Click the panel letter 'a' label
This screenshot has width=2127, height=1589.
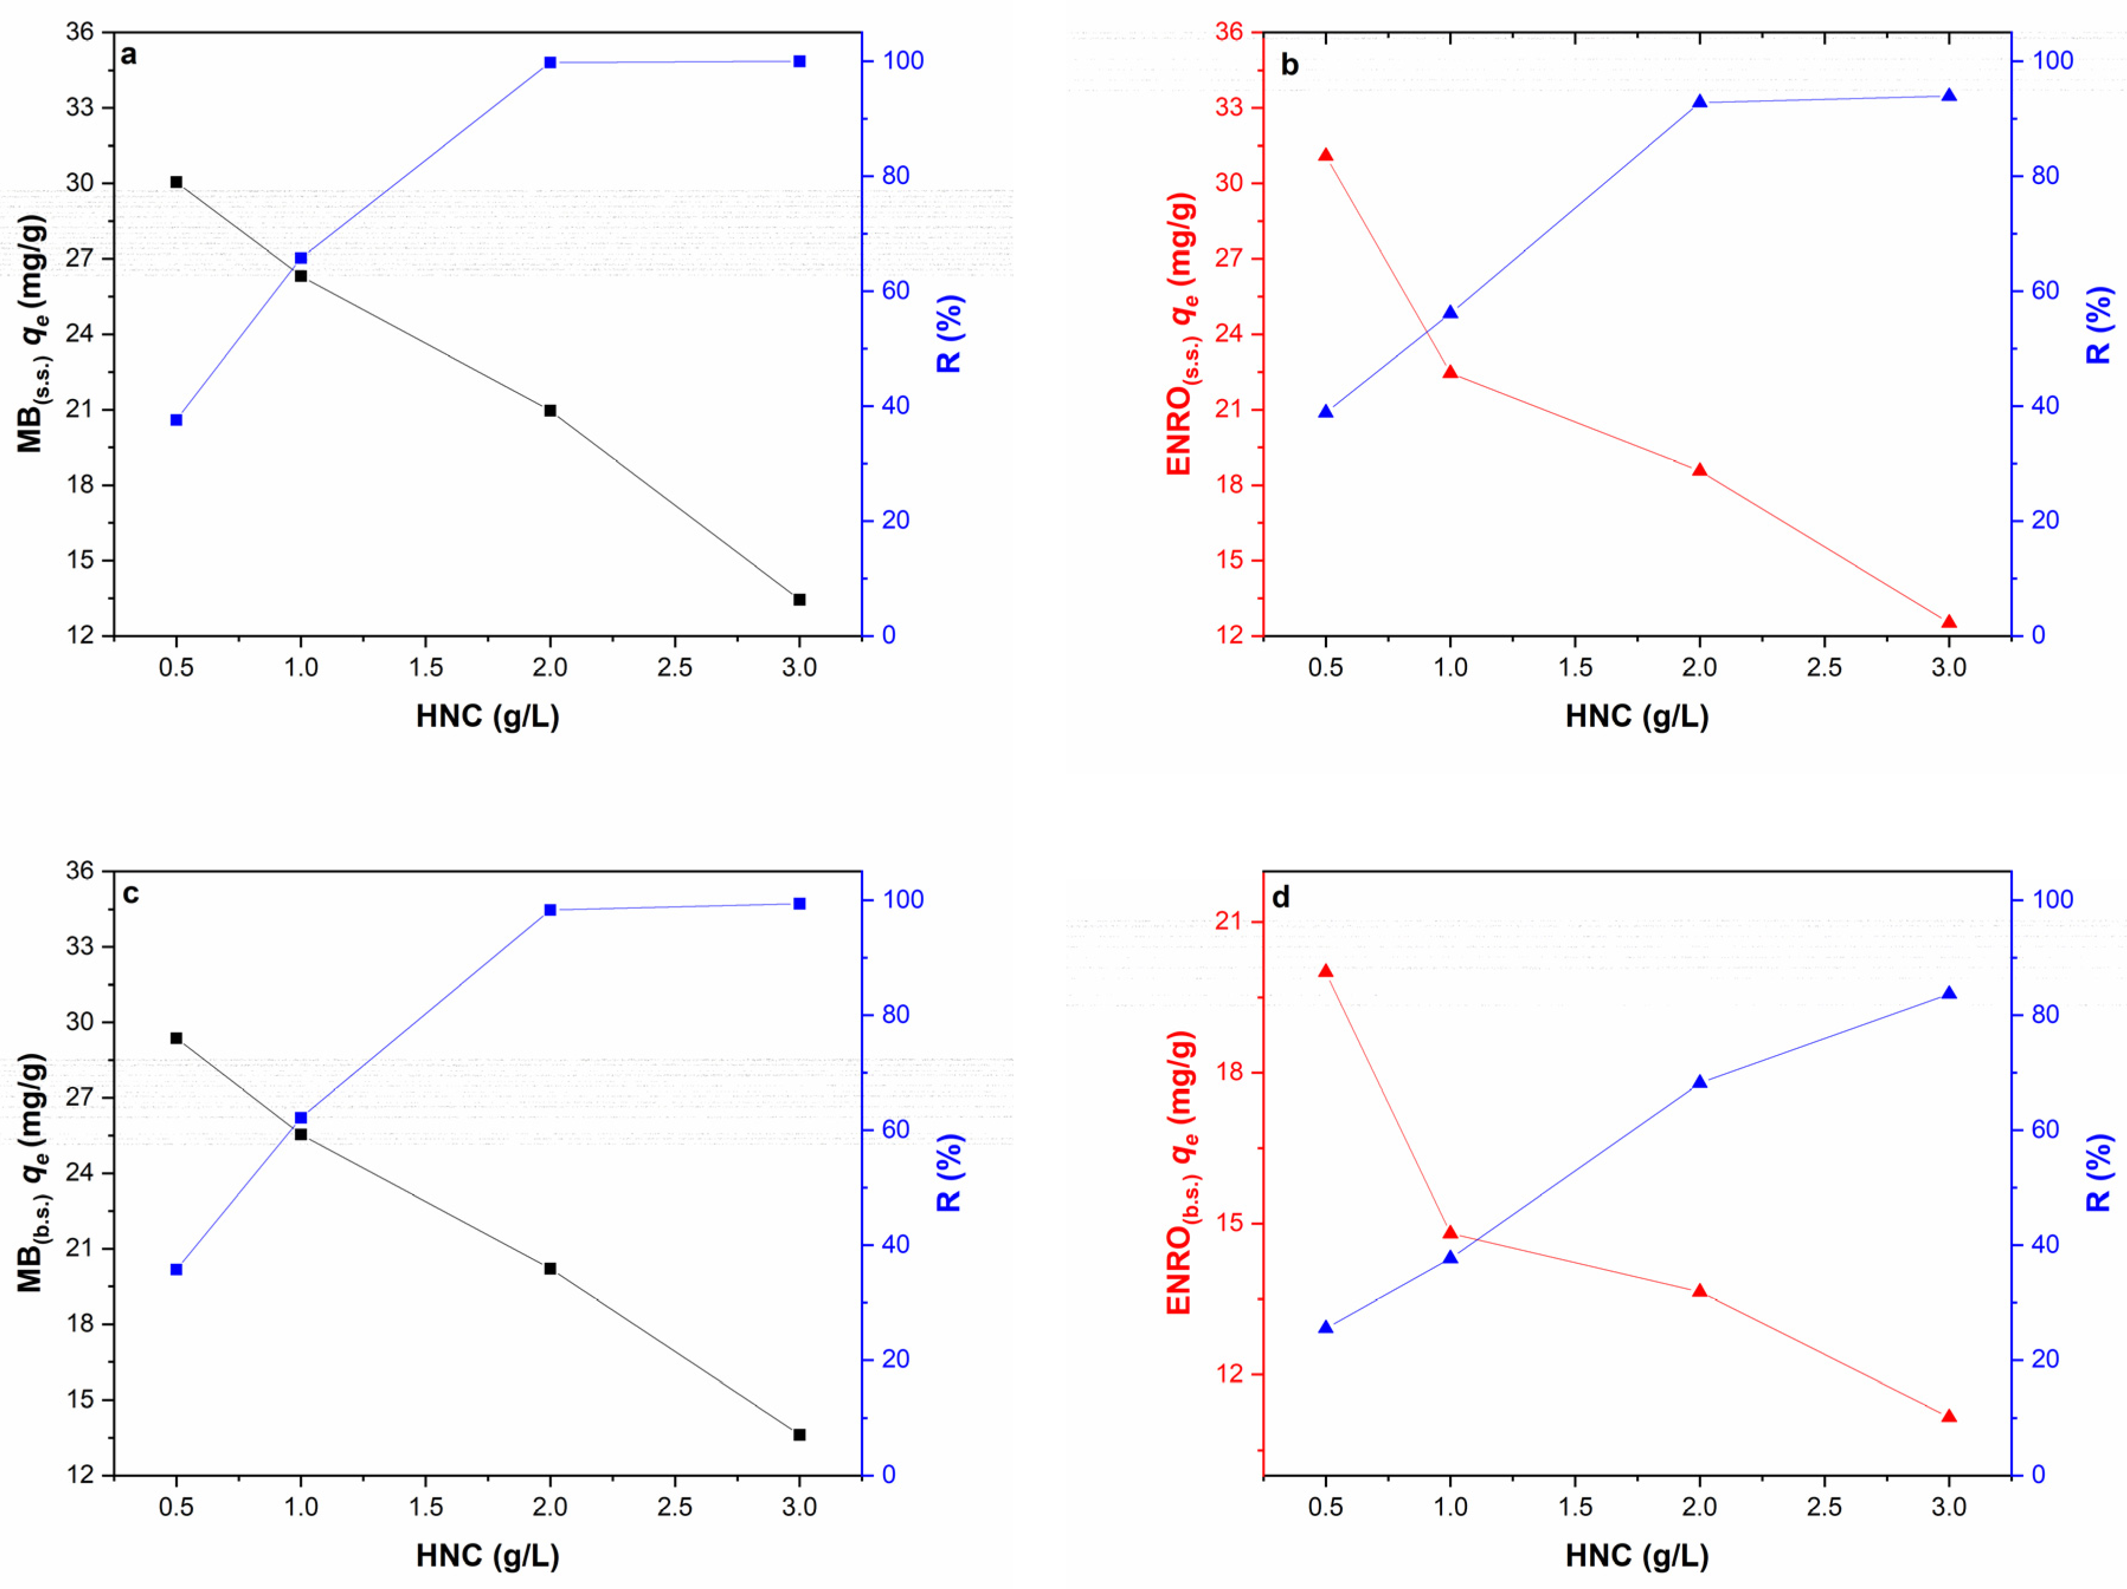click(x=129, y=56)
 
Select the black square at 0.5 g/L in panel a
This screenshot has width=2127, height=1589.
click(x=176, y=182)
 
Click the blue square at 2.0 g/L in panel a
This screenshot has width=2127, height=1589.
click(x=550, y=63)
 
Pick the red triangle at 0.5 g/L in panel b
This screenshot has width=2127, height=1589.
click(x=1325, y=155)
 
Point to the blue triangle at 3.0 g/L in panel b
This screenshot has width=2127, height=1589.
click(x=1949, y=95)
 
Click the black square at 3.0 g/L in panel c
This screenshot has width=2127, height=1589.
click(x=799, y=1434)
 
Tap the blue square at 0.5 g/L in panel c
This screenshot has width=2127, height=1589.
click(x=176, y=1270)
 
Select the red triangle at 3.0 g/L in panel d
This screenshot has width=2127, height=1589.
click(x=1949, y=1417)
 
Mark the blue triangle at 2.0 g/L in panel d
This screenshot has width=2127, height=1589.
click(x=1699, y=1082)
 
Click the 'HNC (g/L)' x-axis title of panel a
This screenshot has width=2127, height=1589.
click(x=488, y=716)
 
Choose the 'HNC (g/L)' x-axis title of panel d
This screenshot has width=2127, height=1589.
click(x=1637, y=1555)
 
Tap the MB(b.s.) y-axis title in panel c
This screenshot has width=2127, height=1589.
click(x=33, y=1173)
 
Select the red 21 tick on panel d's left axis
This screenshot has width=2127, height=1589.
click(x=1230, y=921)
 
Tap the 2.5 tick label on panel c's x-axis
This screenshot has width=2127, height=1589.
click(x=674, y=1506)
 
